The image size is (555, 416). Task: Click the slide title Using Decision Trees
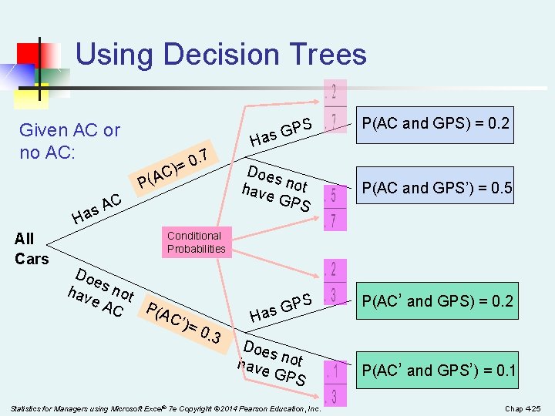pos(220,55)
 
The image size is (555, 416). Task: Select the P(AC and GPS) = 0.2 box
pos(436,123)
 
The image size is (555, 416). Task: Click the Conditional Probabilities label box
pos(197,242)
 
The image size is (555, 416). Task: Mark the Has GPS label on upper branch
pos(281,132)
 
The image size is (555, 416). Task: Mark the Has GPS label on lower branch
pos(281,306)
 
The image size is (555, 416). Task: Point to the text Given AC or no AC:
pos(69,141)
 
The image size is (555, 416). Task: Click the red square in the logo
pos(29,55)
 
